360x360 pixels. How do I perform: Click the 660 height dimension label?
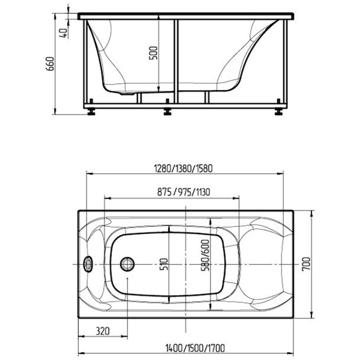point(50,64)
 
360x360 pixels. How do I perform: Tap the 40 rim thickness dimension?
point(64,33)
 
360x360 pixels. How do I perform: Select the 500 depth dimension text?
point(154,53)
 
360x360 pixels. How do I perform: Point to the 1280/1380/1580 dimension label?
point(183,169)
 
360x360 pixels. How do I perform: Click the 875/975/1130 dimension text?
point(184,192)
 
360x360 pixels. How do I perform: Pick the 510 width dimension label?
point(164,264)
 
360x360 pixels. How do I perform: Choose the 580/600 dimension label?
point(205,256)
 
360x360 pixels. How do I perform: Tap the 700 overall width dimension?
point(306,264)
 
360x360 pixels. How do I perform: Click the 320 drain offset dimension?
point(103,331)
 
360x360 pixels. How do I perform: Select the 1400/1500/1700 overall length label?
point(195,348)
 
